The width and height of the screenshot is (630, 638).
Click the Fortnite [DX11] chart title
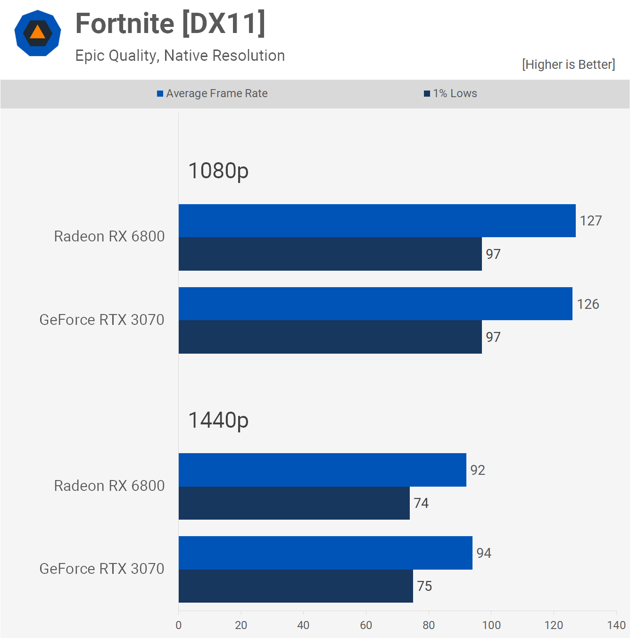click(x=170, y=24)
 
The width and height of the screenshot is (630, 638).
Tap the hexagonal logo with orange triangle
click(x=38, y=33)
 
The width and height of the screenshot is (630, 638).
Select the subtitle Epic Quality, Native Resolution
click(x=180, y=56)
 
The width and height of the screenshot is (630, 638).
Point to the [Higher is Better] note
click(x=568, y=65)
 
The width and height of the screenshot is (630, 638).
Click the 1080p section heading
click(x=218, y=171)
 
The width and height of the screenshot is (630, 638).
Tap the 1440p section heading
click(x=218, y=420)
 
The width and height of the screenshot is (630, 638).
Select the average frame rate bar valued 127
click(x=377, y=221)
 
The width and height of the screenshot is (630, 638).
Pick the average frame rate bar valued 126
click(x=375, y=304)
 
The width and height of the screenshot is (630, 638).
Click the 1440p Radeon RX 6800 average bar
click(x=322, y=470)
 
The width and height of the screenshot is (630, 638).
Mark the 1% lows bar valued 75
click(x=296, y=586)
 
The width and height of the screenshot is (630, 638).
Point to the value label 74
click(x=421, y=503)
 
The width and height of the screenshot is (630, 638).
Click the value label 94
click(x=484, y=553)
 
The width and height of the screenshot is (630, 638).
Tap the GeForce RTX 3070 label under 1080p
click(x=102, y=320)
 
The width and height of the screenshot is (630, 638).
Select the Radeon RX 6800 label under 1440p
click(x=109, y=486)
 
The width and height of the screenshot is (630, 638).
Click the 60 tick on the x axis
click(x=366, y=625)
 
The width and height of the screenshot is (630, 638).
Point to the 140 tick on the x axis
click(x=616, y=625)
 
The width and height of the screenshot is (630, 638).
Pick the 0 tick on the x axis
click(x=179, y=625)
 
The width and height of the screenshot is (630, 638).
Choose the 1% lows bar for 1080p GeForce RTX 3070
click(x=330, y=337)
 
